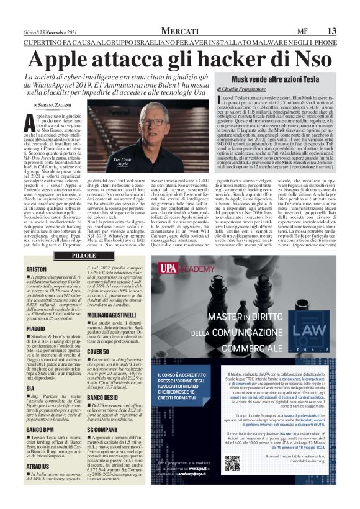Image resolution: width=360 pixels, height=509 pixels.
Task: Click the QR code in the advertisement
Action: point(232,463)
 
